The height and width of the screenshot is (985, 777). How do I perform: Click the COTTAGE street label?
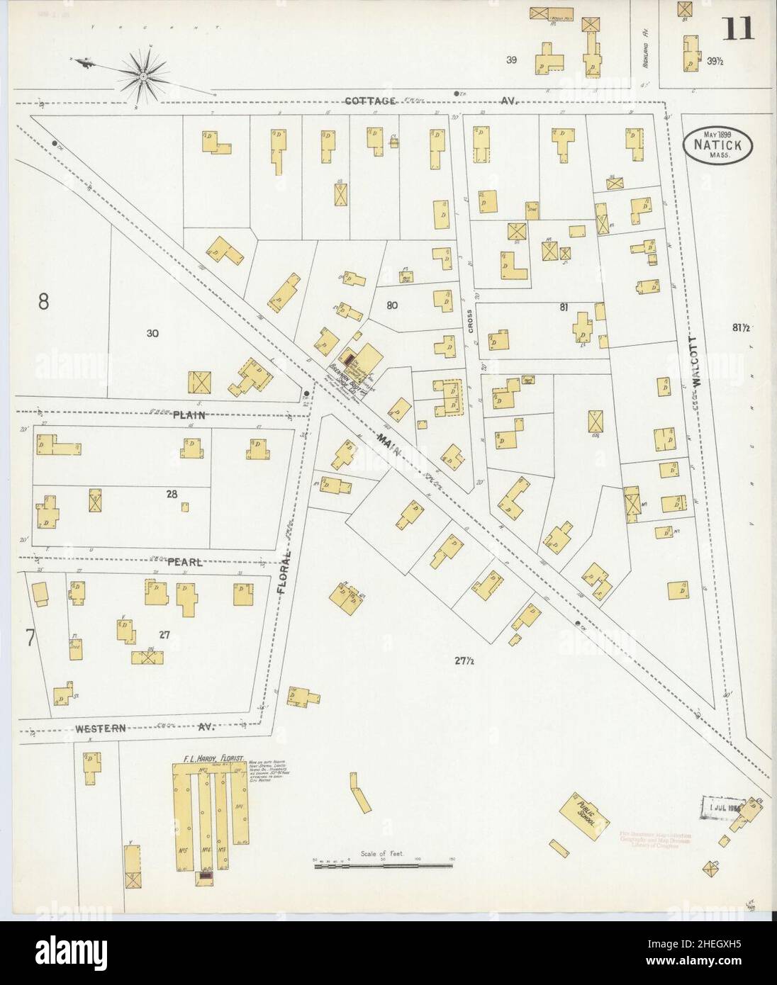370,101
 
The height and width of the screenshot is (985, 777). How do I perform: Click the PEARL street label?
185,562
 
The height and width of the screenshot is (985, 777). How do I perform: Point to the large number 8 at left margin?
43,302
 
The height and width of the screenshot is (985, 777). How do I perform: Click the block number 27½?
464,661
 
